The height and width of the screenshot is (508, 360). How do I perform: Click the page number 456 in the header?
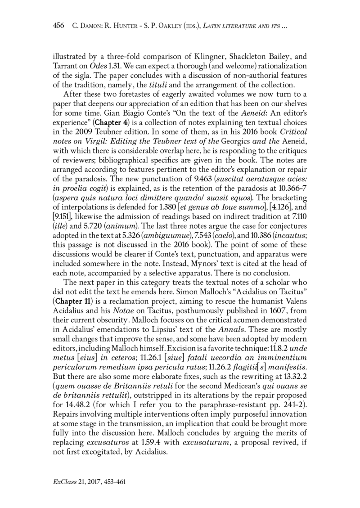(x=59, y=28)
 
